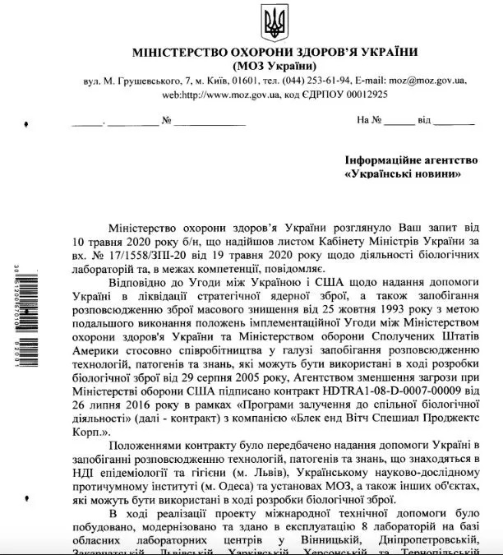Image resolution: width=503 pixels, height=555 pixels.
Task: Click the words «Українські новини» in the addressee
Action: pos(403,175)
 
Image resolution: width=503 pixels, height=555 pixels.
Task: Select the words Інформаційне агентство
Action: pos(403,162)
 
